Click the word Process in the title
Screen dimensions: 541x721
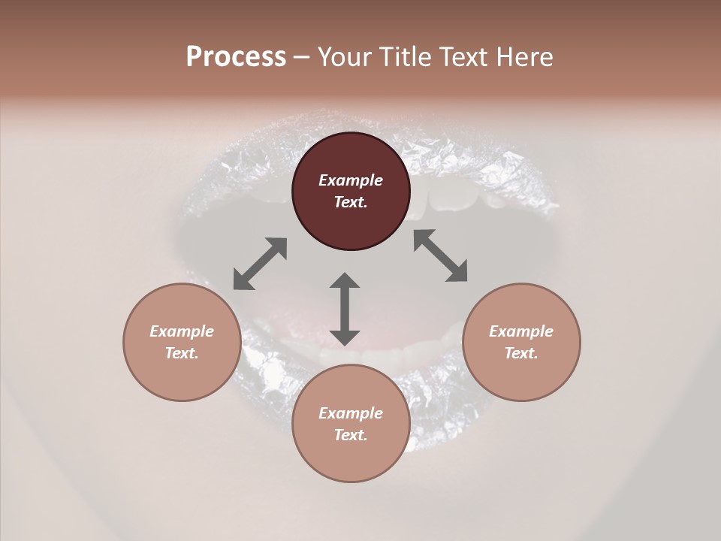coord(236,57)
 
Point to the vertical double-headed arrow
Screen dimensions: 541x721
coord(345,309)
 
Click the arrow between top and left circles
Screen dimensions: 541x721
coord(260,264)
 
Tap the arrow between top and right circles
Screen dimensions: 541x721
coord(441,255)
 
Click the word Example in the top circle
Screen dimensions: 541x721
coord(351,180)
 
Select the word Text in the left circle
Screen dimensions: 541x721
coord(182,353)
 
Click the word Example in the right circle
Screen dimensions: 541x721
coord(521,331)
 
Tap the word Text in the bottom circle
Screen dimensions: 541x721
coord(351,435)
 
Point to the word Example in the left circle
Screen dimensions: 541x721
coord(182,331)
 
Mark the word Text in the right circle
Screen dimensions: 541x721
coord(521,353)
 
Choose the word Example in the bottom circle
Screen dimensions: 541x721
coord(351,413)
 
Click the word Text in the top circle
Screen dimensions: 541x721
coord(351,202)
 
